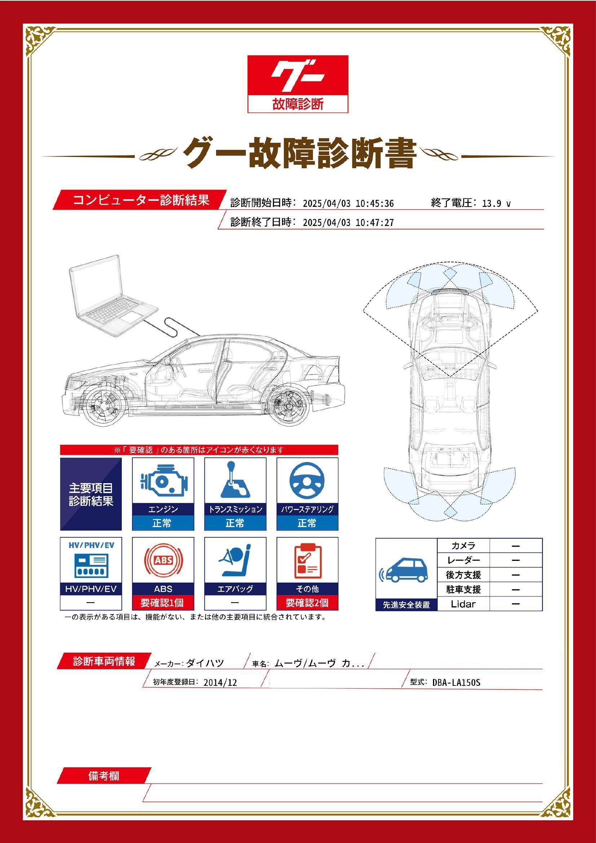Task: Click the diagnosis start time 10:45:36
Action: [x=375, y=203]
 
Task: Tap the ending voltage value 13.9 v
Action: [x=496, y=203]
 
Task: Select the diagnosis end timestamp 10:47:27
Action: [x=375, y=222]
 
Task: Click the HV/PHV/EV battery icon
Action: [x=91, y=564]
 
